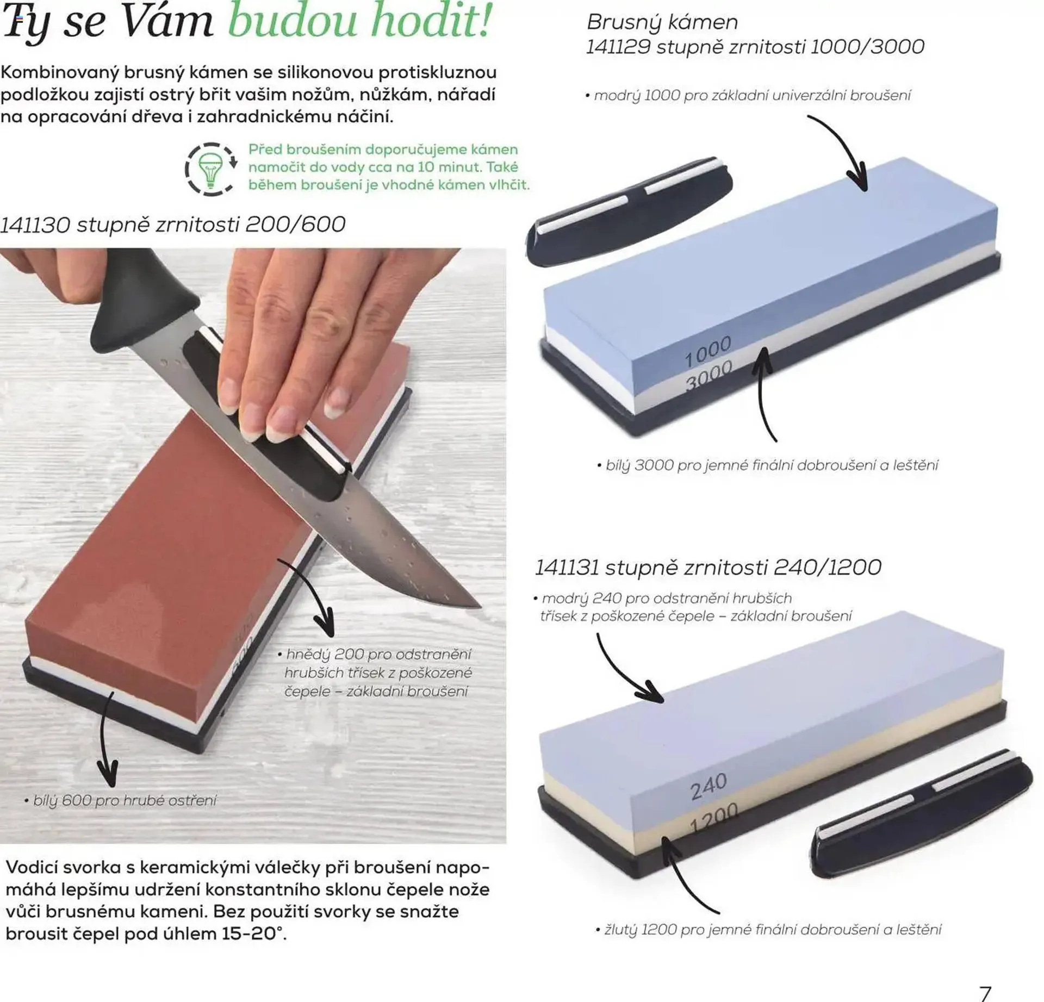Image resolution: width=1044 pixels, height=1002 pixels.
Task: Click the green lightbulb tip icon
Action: [210, 169]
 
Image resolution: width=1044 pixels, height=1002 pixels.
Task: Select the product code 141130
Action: [35, 225]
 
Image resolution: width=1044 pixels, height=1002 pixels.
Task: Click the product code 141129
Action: [618, 47]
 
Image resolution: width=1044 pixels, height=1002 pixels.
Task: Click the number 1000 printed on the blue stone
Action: [707, 351]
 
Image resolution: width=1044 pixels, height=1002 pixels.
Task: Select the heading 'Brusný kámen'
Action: [662, 22]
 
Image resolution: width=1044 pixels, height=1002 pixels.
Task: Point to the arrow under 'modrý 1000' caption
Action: [843, 152]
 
